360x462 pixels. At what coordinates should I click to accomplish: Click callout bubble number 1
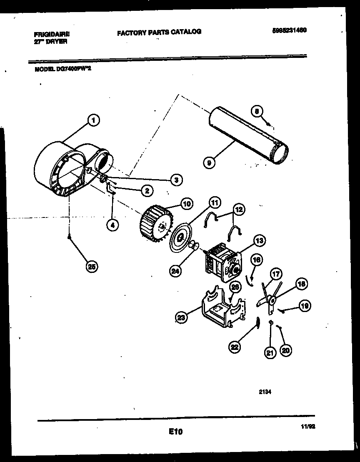tap(93, 121)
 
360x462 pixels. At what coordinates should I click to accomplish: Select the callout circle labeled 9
tap(209, 162)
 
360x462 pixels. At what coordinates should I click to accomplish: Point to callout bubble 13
tap(259, 241)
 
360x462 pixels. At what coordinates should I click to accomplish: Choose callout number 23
tap(181, 317)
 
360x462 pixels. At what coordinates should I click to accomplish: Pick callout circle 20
tap(285, 351)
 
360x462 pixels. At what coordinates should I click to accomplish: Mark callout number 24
tap(176, 270)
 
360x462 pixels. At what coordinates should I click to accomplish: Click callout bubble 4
tap(112, 225)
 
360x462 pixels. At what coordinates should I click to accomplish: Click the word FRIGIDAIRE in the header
tap(52, 35)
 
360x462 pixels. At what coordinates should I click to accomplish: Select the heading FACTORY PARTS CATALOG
tap(159, 32)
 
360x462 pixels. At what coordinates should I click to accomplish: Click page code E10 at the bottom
tap(176, 432)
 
